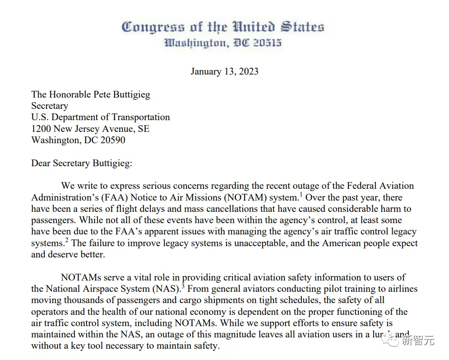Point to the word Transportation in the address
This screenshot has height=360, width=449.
pyautogui.click(x=140, y=117)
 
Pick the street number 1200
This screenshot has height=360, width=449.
pyautogui.click(x=42, y=129)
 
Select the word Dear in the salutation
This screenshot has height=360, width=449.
pyautogui.click(x=41, y=163)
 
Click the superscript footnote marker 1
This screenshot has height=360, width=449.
pyautogui.click(x=301, y=195)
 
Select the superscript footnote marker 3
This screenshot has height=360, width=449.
pyautogui.click(x=183, y=286)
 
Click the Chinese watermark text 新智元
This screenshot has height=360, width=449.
pyautogui.click(x=418, y=341)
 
